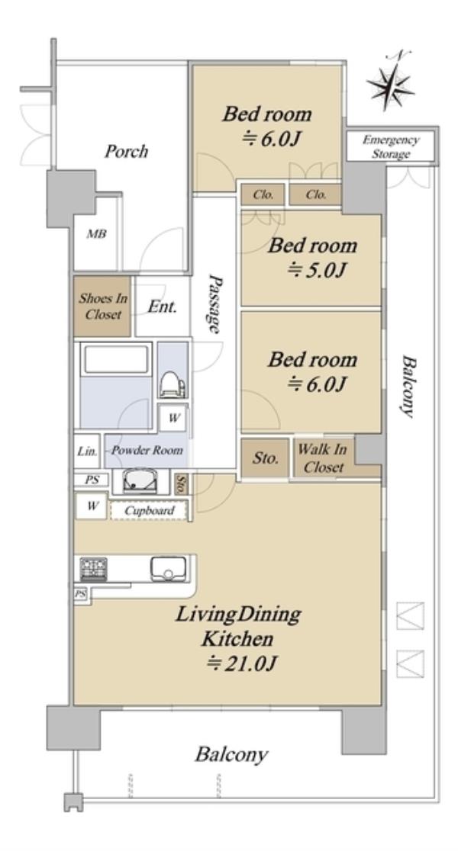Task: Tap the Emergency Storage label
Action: pos(391,147)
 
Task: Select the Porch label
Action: pos(126,151)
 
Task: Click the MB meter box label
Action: pos(96,234)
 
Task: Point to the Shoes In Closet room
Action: pos(103,306)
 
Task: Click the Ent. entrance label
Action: pos(162,307)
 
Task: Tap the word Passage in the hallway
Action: pos(214,304)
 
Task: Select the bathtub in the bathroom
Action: pos(116,359)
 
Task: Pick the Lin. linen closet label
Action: pos(87,451)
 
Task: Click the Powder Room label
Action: pos(147,451)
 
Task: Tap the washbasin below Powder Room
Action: pos(140,481)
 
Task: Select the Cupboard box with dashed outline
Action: pos(149,511)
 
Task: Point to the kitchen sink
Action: pos(169,569)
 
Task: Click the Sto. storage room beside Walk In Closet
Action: pos(265,458)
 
